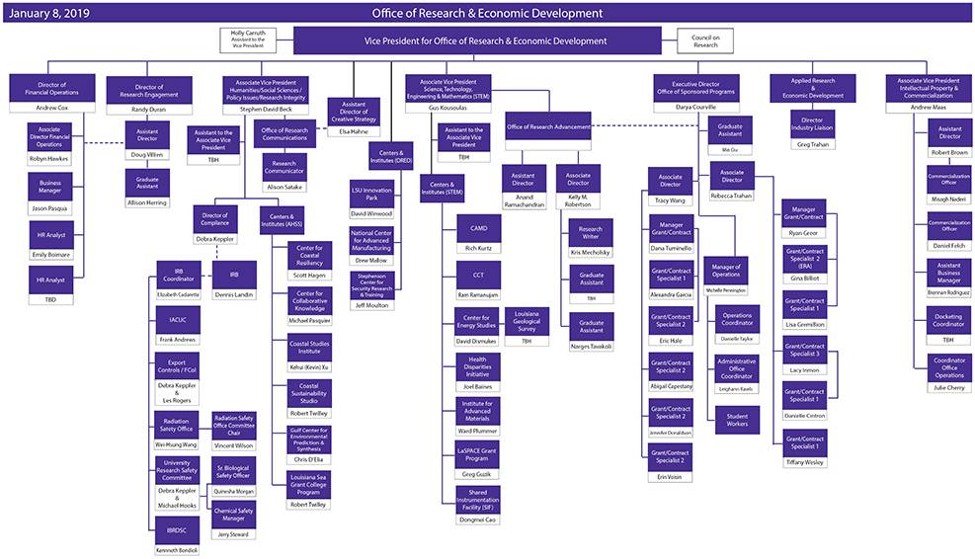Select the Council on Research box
click(705, 40)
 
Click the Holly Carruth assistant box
click(247, 40)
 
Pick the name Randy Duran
click(149, 110)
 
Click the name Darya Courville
click(696, 107)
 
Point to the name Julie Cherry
click(949, 387)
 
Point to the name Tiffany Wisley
click(804, 462)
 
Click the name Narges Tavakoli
click(592, 347)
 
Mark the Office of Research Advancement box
click(548, 126)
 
